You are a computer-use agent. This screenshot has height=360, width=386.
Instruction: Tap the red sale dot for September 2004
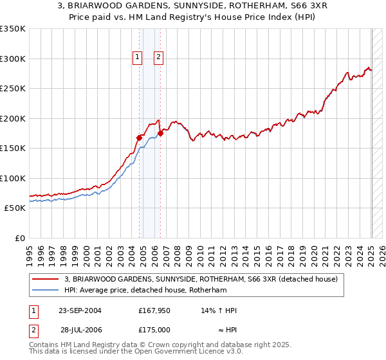coord(139,137)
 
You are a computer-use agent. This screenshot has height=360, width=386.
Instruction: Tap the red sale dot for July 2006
coord(160,133)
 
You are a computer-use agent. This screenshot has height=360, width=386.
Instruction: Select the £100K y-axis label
coord(12,178)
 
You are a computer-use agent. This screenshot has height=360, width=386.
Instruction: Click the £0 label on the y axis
coord(19,238)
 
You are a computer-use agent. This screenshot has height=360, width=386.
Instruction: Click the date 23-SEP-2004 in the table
coord(80,310)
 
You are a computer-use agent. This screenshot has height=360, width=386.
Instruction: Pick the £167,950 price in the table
coord(154,310)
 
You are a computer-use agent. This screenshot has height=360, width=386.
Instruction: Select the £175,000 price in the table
coord(154,329)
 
